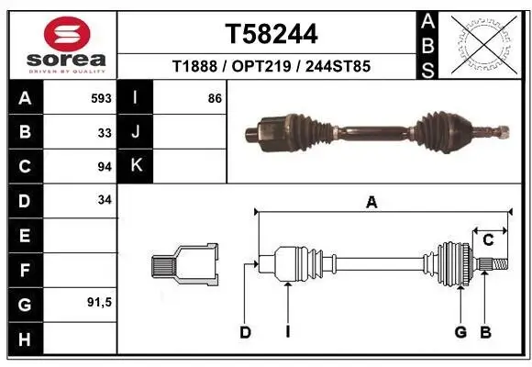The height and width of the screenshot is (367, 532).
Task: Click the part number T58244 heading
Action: point(272,35)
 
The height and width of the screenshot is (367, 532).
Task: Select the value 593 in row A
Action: point(101,97)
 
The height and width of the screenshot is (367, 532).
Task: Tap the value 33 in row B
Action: point(104,132)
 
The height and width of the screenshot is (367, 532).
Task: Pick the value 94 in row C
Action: point(104,166)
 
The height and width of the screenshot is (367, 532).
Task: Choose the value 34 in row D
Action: point(104,199)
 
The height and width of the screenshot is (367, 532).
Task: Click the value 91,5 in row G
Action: point(99,302)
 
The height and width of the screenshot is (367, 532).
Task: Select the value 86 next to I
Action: point(215,97)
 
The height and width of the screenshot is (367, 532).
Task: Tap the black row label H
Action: point(25,340)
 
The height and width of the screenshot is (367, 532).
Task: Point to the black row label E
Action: point(25,236)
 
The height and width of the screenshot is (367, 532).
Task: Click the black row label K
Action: point(135,166)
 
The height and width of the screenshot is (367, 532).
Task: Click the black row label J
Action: point(135,132)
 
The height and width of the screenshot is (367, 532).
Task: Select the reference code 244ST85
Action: point(339,68)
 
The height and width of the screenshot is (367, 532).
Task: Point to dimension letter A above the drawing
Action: point(371,203)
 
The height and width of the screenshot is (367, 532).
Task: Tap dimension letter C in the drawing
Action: point(488,239)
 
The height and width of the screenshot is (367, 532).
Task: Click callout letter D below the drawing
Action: point(245,332)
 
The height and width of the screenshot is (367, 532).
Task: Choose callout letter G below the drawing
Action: point(460,332)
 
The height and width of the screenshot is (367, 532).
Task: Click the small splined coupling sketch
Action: point(184,266)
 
